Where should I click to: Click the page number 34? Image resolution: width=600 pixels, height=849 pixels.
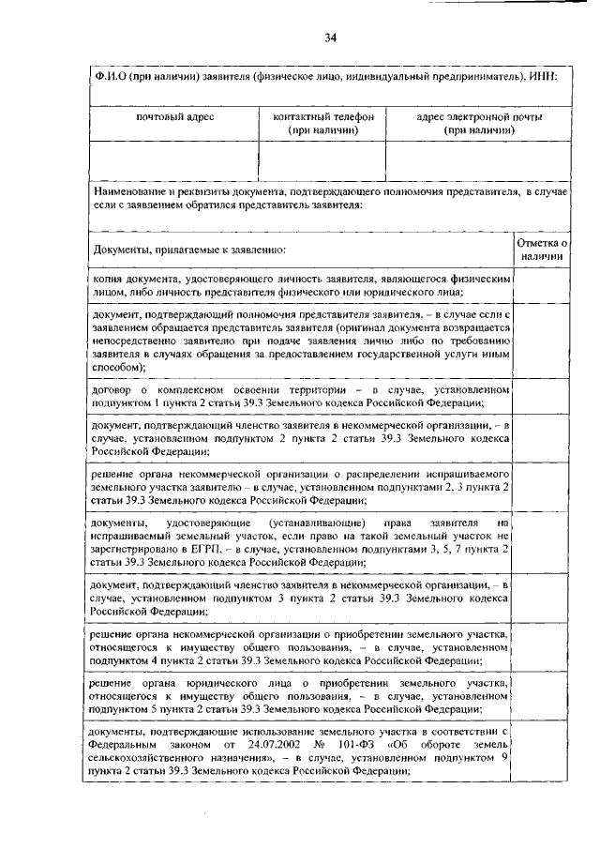330,38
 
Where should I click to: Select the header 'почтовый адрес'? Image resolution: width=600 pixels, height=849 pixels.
174,117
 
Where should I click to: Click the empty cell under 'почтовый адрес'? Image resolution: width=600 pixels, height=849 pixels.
174,160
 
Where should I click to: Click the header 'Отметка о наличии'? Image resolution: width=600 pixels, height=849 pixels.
541,249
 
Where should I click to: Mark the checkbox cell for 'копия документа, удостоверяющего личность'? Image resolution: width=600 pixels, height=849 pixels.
541,286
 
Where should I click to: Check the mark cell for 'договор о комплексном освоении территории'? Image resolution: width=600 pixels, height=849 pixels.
541,395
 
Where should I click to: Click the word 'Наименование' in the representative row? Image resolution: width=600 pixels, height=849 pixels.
128,191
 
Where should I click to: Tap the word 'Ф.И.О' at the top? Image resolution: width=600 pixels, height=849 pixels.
107,75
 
